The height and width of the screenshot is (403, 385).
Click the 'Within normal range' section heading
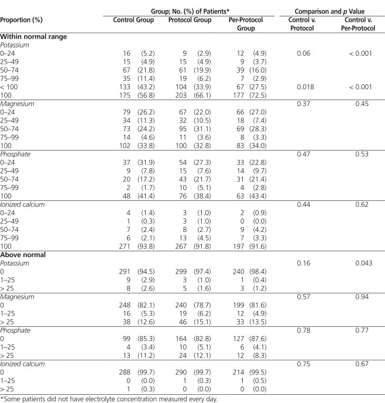coord(33,36)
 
